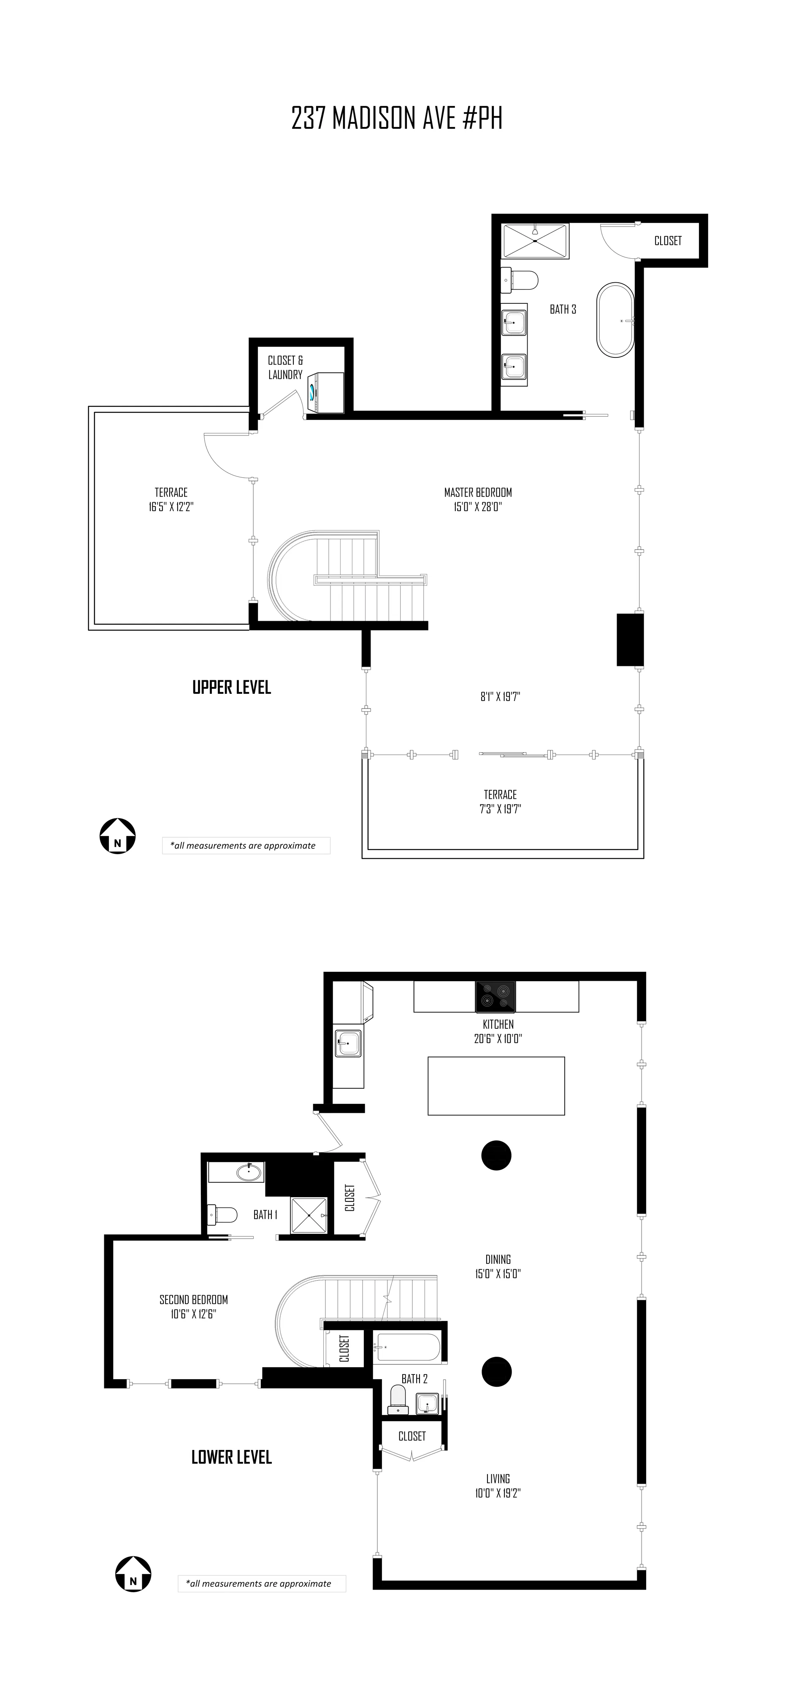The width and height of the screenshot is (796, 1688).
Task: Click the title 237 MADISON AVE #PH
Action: point(397,119)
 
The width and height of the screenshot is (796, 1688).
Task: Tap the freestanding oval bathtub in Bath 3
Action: point(615,320)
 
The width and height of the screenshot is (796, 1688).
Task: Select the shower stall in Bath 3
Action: point(535,241)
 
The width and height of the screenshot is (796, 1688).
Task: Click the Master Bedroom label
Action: point(478,492)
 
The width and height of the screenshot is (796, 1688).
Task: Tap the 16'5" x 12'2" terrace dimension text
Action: point(171,506)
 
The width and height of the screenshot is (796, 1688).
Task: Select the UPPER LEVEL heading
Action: point(231,687)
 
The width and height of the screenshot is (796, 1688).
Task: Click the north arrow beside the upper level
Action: point(117,836)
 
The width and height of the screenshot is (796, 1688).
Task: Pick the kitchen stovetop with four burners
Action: point(495,997)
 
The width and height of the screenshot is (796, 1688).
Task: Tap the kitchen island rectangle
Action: point(496,1086)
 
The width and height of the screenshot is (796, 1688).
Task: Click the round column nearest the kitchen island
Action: point(496,1155)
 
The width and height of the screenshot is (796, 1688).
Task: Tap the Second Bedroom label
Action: point(193,1299)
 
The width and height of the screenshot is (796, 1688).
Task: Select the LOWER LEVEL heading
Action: point(231,1457)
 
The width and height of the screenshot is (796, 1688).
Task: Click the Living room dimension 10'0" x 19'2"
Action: point(498,1493)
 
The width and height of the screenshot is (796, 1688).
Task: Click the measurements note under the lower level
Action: point(261,1583)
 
